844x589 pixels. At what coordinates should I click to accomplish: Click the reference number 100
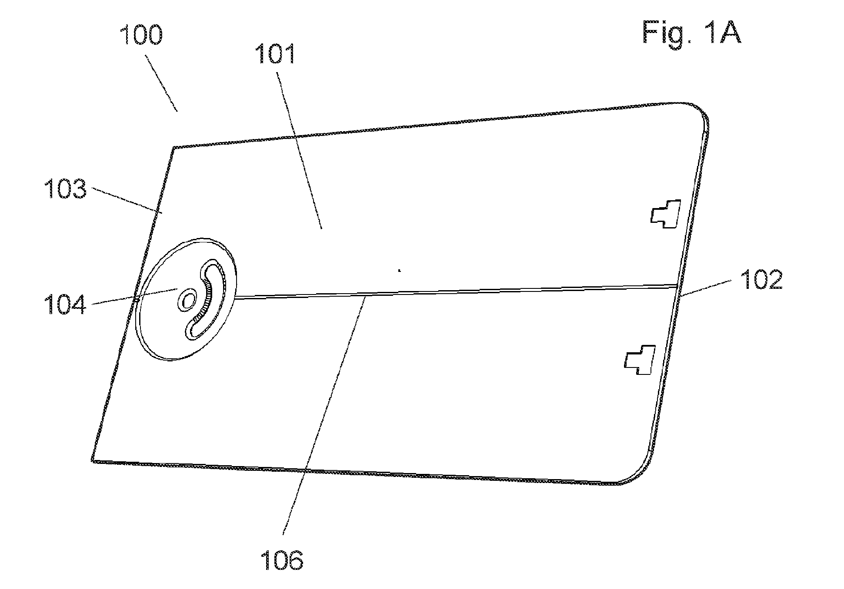pyautogui.click(x=142, y=35)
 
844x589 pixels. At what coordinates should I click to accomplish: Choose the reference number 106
pyautogui.click(x=283, y=559)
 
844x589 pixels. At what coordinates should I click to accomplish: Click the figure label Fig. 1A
pyautogui.click(x=692, y=32)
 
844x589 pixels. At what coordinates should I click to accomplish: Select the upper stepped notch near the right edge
pyautogui.click(x=666, y=214)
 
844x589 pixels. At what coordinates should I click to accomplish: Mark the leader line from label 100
pyautogui.click(x=161, y=83)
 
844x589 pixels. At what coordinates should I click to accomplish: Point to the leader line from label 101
pyautogui.click(x=300, y=151)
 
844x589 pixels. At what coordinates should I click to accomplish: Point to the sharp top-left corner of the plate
pyautogui.click(x=173, y=148)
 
